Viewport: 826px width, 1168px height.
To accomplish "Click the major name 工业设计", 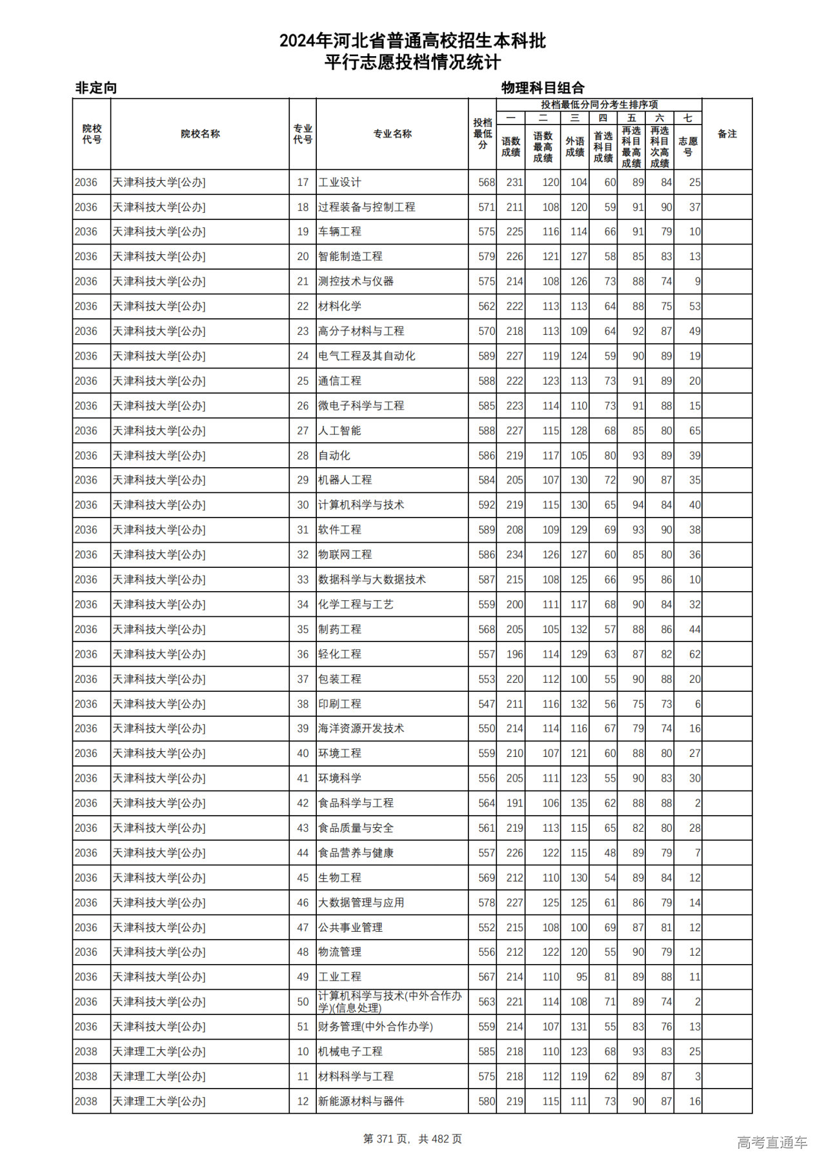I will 339,183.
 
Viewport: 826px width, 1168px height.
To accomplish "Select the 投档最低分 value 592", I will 487,505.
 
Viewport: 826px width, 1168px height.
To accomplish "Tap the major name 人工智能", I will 339,430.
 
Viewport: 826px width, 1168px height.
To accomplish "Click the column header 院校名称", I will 200,134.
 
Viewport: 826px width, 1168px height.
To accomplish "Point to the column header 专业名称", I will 392,134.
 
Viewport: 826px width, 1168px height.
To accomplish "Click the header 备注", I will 727,134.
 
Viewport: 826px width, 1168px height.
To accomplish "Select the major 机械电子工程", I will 350,1051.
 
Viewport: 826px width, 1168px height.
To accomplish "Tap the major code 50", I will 303,1002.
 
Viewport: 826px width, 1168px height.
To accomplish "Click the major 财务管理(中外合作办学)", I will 375,1027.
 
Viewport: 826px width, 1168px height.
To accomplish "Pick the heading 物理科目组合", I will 543,88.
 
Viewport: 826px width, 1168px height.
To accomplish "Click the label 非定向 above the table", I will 96,88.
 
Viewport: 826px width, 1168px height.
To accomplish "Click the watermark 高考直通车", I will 772,1142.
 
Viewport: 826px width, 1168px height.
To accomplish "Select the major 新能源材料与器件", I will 361,1101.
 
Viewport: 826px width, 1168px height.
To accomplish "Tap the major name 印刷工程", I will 339,704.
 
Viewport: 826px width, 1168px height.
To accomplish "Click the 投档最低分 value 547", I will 487,704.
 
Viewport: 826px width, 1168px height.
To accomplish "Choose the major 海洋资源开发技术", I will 361,729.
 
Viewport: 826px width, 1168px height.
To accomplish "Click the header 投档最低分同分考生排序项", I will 599,105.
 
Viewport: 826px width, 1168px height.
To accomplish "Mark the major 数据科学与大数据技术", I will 372,579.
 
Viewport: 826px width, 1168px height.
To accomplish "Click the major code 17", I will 303,183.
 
